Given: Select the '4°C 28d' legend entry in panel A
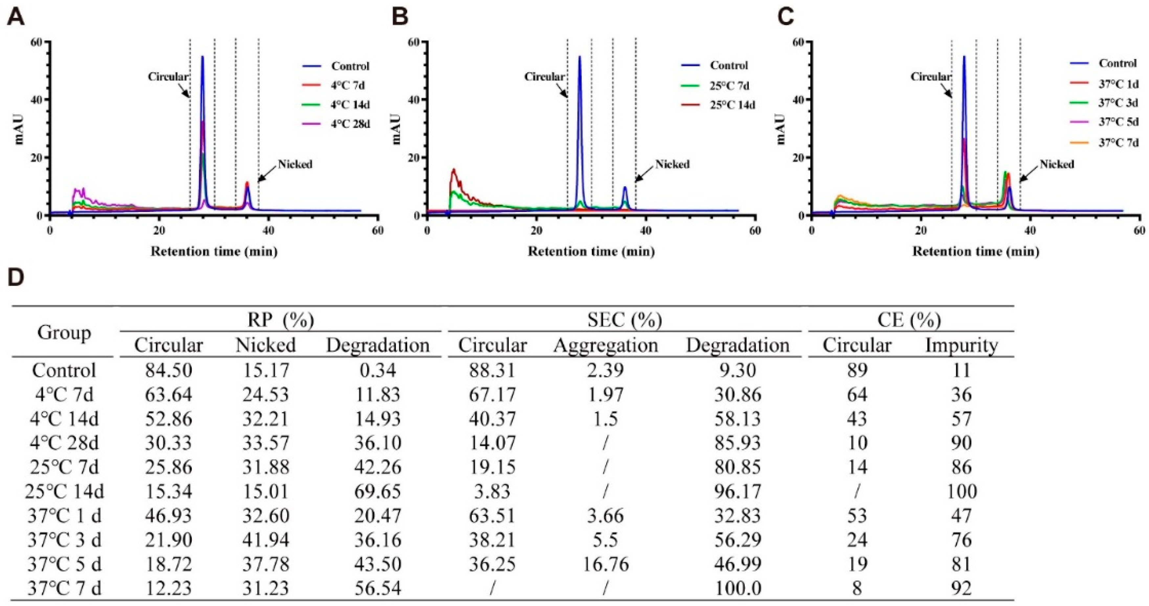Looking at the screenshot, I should coord(350,124).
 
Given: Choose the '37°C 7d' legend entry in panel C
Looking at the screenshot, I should coord(1118,143).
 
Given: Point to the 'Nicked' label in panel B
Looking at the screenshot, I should coord(672,165).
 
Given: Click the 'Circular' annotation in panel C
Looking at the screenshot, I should coord(930,77).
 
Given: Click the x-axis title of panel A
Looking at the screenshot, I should coord(214,252).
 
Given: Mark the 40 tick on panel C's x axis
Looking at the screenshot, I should coord(1030,231).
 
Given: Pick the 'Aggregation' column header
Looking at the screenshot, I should coord(605,346).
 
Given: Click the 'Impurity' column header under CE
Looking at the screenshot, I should coord(961,346).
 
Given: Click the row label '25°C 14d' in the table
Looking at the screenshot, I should coord(64,491).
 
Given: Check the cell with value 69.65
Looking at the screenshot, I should coord(378,491).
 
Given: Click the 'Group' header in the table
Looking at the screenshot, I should coord(64,333).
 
